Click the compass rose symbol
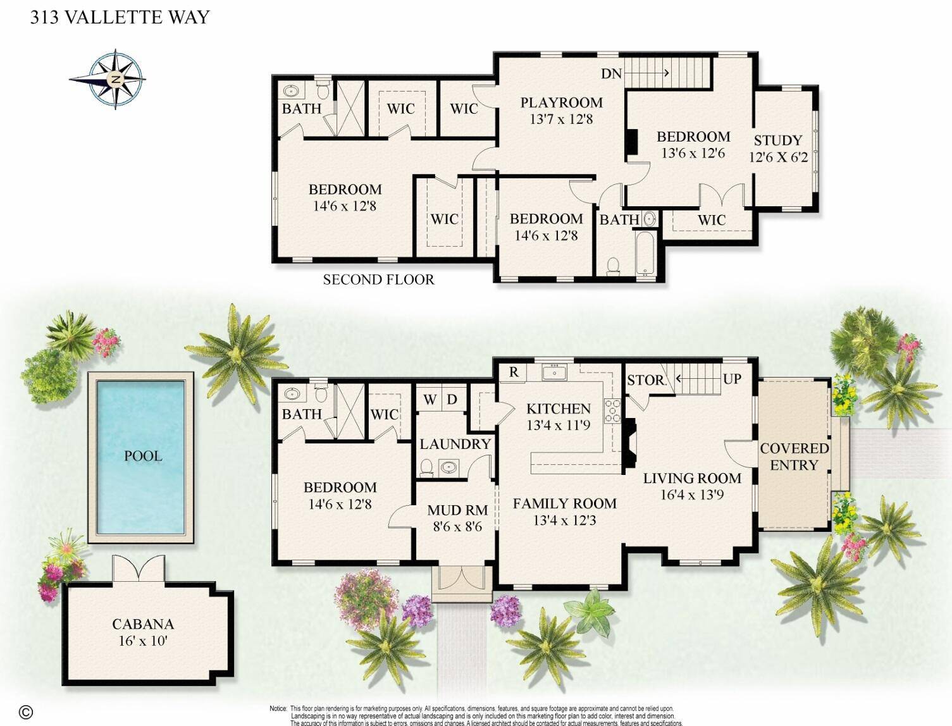114,80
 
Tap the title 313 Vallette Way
120,17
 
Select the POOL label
142,456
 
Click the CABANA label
143,624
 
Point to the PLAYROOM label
561,102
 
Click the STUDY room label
777,140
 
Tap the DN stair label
612,74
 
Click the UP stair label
732,379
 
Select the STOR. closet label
646,380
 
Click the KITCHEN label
559,409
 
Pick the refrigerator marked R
514,372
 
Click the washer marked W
430,400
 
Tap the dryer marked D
452,400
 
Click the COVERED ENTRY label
794,456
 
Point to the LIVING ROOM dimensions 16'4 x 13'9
692,495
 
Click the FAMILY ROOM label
564,503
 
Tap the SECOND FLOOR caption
378,280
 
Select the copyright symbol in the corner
25,711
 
